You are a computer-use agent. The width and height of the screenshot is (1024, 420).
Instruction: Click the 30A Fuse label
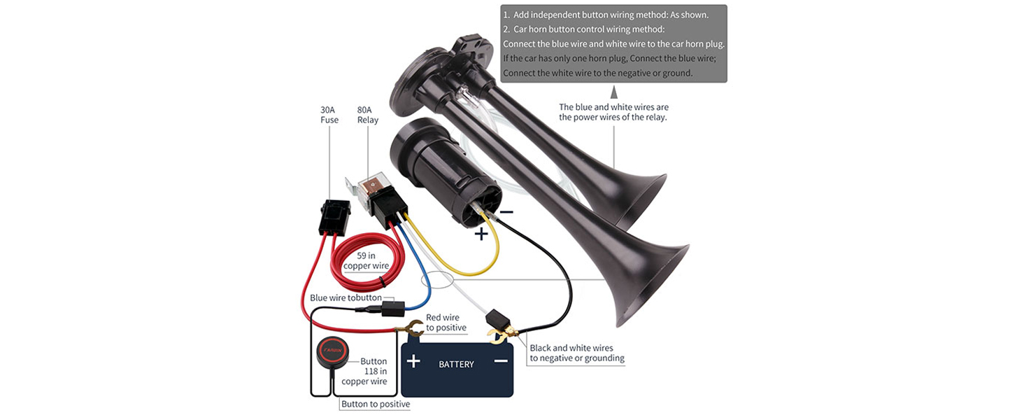(329, 115)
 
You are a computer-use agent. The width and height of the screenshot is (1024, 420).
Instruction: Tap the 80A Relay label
(367, 115)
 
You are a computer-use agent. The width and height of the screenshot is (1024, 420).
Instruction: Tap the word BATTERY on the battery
(456, 364)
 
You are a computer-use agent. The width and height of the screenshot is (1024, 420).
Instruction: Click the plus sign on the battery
(413, 361)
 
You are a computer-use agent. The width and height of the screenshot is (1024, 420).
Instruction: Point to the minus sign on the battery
(500, 361)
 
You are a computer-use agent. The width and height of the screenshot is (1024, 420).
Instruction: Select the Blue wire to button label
(346, 297)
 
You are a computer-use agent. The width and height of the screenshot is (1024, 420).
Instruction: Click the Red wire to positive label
(446, 323)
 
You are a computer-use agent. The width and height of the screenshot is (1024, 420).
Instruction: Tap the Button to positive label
(376, 405)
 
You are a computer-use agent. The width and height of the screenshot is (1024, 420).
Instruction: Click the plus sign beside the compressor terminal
(481, 234)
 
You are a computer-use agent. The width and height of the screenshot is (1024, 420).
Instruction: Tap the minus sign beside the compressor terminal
(507, 211)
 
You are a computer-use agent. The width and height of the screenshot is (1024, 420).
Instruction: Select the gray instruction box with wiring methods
(613, 43)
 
